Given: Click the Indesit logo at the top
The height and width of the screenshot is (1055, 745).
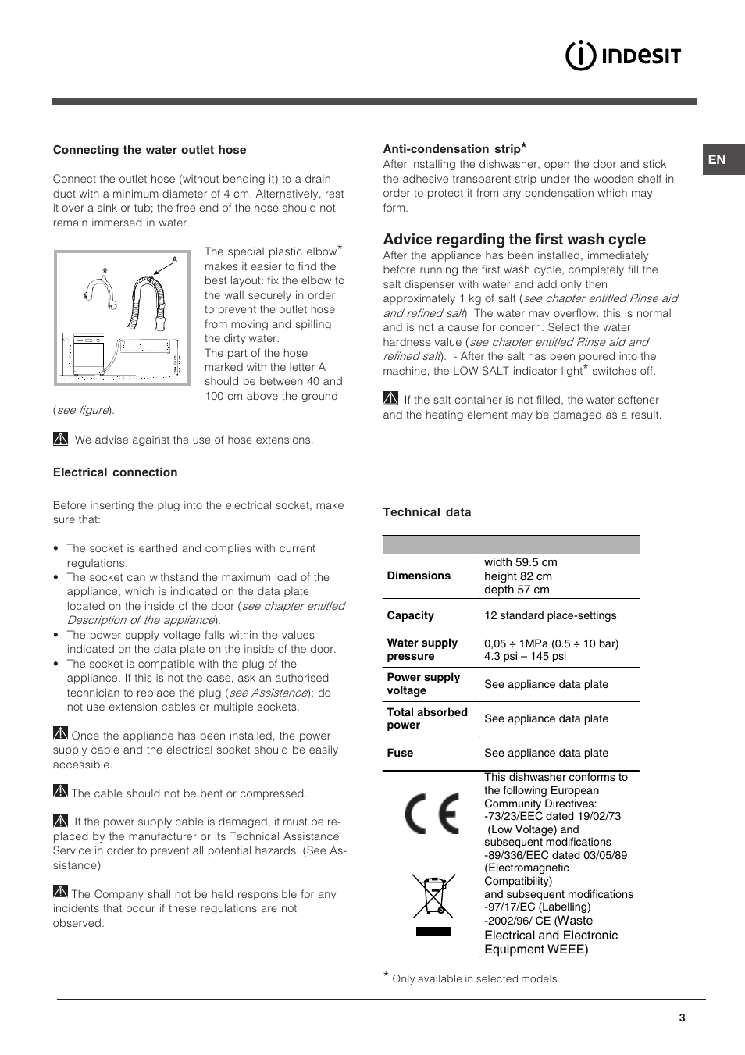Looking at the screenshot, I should pyautogui.click(x=623, y=55).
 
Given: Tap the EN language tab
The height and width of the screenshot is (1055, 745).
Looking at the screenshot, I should pyautogui.click(x=717, y=159).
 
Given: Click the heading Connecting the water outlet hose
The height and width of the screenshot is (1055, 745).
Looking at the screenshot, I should pyautogui.click(x=149, y=150).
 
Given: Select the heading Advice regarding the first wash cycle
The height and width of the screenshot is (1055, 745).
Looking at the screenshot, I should pyautogui.click(x=514, y=240).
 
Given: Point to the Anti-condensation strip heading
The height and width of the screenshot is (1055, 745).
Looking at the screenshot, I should pyautogui.click(x=453, y=148).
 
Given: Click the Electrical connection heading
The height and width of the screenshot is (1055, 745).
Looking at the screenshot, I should pyautogui.click(x=115, y=472).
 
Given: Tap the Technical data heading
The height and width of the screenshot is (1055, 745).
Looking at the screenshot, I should pyautogui.click(x=426, y=512).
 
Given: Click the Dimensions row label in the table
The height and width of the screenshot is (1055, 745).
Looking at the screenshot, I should pyautogui.click(x=419, y=576).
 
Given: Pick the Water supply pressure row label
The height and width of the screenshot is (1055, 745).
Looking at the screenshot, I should pyautogui.click(x=422, y=649).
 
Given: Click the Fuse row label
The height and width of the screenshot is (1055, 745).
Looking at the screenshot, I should pyautogui.click(x=400, y=753).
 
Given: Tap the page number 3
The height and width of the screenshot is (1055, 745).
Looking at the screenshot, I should pyautogui.click(x=682, y=1018).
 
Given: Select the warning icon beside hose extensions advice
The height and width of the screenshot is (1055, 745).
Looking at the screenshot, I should pyautogui.click(x=61, y=439).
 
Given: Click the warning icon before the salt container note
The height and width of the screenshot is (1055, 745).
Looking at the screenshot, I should pyautogui.click(x=390, y=398).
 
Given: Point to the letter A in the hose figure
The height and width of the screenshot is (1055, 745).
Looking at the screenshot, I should pyautogui.click(x=175, y=259).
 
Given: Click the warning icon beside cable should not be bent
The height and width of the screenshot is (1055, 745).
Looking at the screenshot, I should pyautogui.click(x=61, y=791).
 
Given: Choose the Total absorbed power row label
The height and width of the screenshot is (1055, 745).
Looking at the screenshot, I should pyautogui.click(x=426, y=718).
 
